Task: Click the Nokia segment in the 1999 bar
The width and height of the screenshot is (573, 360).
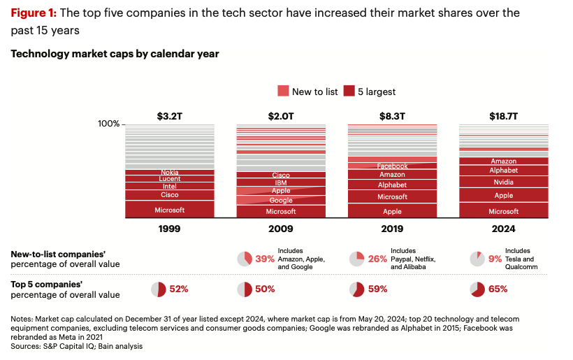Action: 169,172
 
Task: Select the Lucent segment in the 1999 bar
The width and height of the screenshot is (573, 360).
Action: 169,179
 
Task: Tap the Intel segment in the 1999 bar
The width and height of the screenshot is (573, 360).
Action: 169,187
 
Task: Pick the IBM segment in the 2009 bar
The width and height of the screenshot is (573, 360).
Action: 281,183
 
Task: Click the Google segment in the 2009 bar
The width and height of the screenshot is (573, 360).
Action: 281,201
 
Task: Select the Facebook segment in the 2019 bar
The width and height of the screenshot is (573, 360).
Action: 392,166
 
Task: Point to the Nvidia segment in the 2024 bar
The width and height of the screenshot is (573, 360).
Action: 503,182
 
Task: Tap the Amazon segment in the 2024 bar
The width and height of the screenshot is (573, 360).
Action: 503,161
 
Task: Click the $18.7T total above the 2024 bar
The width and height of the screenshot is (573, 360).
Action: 503,116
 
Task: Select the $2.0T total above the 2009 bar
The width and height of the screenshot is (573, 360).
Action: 281,116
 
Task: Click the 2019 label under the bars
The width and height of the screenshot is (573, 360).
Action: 392,229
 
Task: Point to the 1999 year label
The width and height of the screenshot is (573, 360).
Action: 169,229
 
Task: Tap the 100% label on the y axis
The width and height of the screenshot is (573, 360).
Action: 108,124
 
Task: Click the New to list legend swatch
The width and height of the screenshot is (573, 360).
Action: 283,91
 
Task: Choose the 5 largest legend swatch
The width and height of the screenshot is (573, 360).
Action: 349,91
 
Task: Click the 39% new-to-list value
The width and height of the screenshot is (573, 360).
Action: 264,259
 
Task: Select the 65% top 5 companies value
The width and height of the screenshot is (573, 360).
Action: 498,289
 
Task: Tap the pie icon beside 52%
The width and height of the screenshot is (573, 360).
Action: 159,289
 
